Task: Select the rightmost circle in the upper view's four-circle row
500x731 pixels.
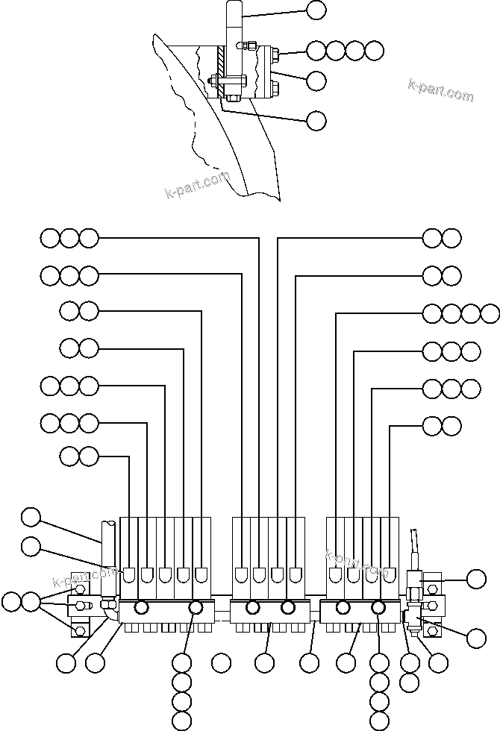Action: click(x=375, y=51)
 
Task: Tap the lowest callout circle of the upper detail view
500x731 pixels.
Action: click(x=316, y=119)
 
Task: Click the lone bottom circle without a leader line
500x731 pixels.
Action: click(x=221, y=662)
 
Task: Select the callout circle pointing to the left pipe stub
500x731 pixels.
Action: click(x=31, y=516)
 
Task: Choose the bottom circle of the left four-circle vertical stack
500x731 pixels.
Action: click(x=182, y=721)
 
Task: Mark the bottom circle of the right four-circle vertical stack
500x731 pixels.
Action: click(x=380, y=721)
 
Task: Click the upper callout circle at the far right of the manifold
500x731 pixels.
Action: click(x=476, y=579)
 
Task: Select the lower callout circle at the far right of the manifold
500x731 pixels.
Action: click(x=476, y=637)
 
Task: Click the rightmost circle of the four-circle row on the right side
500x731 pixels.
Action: click(x=490, y=313)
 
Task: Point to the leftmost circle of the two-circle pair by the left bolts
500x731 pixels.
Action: click(x=11, y=601)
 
